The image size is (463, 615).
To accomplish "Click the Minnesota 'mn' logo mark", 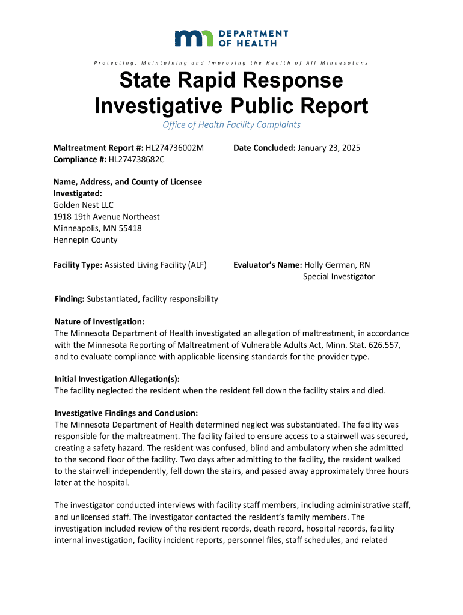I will click(194, 38).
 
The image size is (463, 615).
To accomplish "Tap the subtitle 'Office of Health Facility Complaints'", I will click(231, 125).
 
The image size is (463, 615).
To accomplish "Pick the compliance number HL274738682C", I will click(136, 159).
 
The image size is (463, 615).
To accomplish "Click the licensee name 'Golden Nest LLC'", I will click(84, 205).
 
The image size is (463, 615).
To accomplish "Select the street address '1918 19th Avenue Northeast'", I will click(107, 216).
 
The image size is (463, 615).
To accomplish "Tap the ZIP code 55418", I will click(129, 228).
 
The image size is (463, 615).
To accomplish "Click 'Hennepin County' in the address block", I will click(85, 240).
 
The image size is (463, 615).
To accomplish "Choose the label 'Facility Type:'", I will click(78, 265).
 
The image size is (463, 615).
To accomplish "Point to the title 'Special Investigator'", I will click(339, 276).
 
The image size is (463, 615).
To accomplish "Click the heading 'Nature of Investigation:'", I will click(99, 322).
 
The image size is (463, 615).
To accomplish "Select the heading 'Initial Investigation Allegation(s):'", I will click(117, 379).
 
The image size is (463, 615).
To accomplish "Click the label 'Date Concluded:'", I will click(262, 148).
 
